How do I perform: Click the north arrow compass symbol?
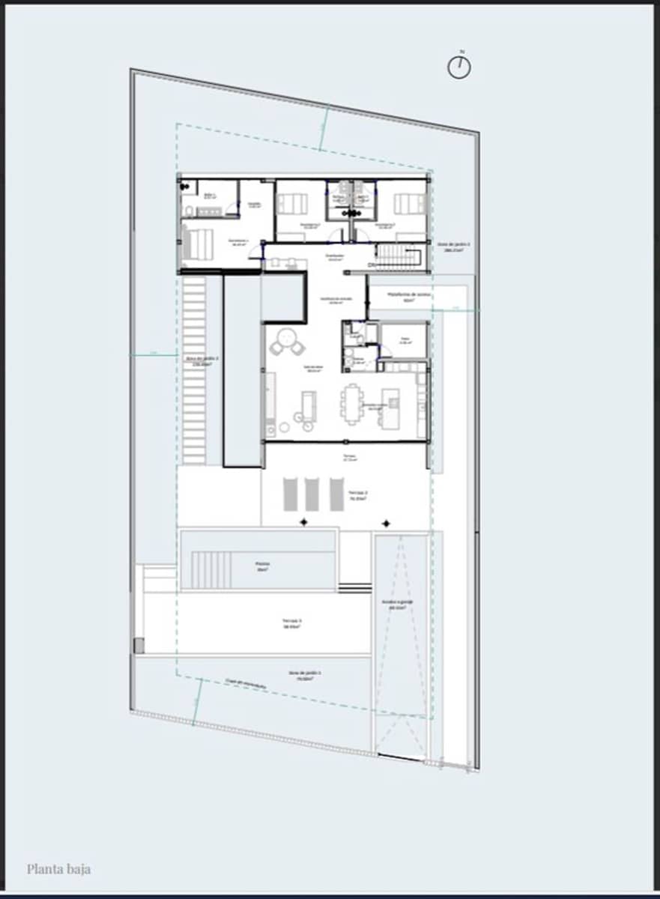tap(459, 67)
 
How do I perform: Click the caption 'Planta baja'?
tap(58, 869)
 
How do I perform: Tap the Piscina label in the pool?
tap(261, 566)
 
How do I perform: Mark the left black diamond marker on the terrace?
tap(303, 522)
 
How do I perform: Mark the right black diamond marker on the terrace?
tap(386, 523)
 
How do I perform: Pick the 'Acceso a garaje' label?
tap(397, 604)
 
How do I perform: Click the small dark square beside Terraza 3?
tap(139, 644)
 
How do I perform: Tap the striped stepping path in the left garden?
tap(195, 370)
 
